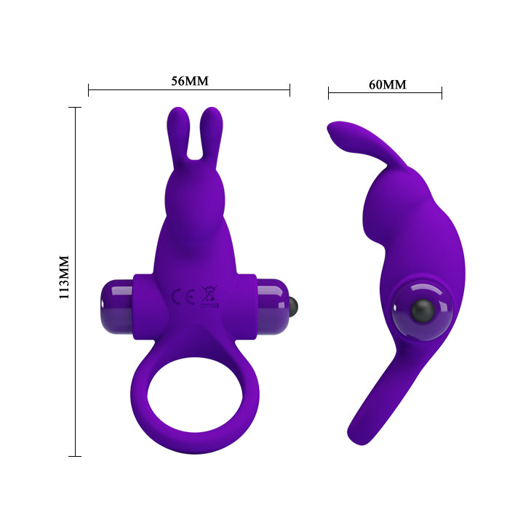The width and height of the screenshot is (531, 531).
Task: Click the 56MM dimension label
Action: point(189,81)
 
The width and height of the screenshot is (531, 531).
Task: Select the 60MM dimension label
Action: point(387,84)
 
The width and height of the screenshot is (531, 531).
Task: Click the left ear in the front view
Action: point(176,135)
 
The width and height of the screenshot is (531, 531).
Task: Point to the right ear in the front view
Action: point(212,135)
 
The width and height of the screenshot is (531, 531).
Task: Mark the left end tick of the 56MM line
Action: point(88,90)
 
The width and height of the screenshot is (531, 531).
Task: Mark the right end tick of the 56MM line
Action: point(290,90)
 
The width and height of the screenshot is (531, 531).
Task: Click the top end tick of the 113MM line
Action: point(75,108)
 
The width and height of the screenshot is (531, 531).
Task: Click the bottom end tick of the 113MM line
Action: point(75,456)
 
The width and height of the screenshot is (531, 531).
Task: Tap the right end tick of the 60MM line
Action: point(442,92)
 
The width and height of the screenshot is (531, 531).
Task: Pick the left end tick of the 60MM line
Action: point(328,92)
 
